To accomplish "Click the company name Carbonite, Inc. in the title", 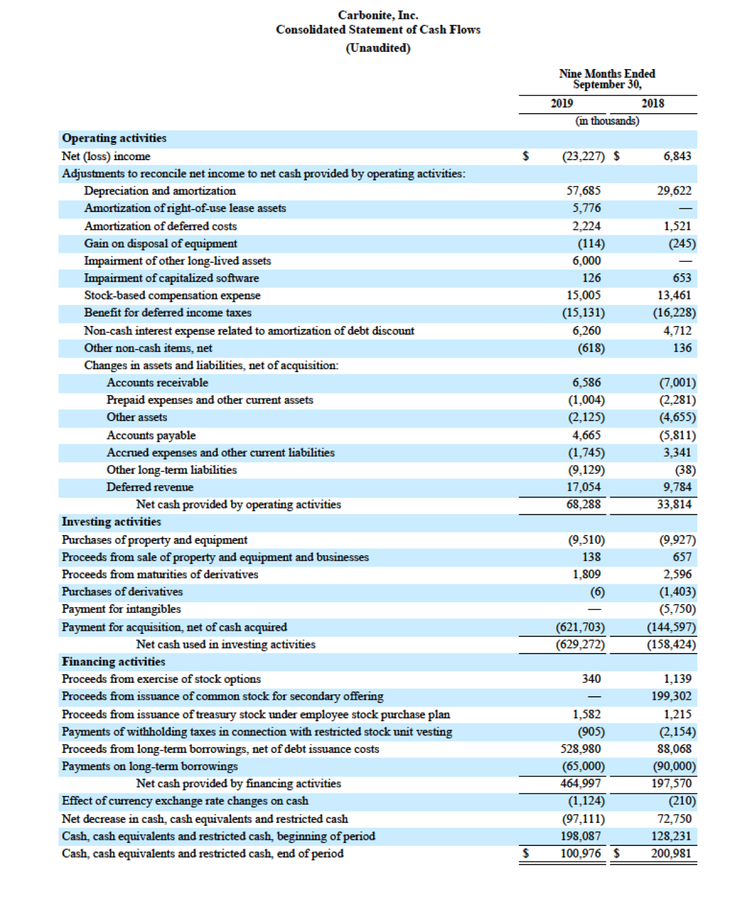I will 378,15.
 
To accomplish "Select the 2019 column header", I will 561,103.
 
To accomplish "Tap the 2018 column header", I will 652,103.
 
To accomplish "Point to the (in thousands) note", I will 607,121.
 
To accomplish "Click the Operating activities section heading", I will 114,138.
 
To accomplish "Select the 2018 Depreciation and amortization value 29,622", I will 674,191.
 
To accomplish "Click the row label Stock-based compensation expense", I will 172,295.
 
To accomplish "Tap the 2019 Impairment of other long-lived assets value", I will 586,260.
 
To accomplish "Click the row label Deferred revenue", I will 150,487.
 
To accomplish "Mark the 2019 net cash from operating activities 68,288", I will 583,504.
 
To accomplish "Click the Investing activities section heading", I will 111,521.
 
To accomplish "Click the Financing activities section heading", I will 114,661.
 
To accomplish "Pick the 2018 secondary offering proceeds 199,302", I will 671,696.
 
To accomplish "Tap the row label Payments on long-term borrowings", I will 150,766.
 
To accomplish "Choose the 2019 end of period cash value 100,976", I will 581,853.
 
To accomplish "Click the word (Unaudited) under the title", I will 378,48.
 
